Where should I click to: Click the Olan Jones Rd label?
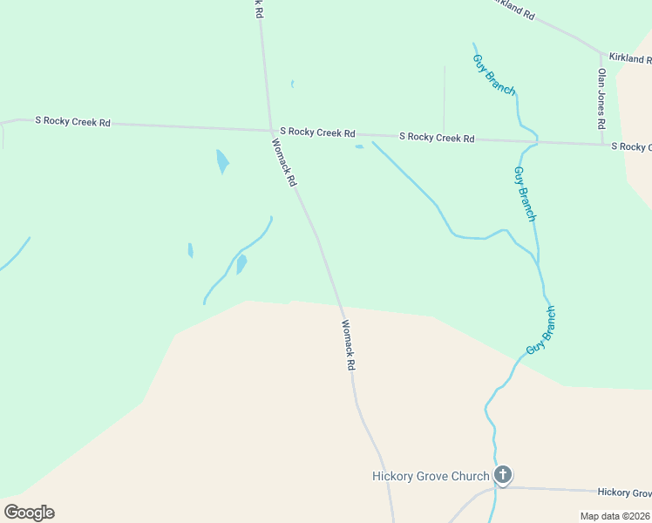coord(601,99)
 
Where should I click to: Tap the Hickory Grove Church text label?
coord(431,477)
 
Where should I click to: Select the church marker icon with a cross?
coord(503,475)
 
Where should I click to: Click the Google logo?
coord(29,513)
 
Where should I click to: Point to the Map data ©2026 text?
coord(615,516)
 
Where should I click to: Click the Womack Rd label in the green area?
coord(285,163)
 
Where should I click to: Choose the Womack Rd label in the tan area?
coord(348,345)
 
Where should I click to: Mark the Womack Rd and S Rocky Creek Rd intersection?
coord(270,131)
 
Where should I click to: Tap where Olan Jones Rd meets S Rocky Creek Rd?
coord(601,143)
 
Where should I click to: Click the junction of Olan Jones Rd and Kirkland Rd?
coord(601,53)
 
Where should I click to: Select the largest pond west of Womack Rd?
coord(222,160)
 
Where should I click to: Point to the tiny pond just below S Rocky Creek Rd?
coord(359,146)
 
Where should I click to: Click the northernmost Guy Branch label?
coord(494,75)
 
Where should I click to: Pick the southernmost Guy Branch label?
coord(541,330)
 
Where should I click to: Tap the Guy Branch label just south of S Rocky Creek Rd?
coord(525,194)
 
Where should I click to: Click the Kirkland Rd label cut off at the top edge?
coord(513,8)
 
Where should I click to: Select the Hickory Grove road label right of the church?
coord(624,492)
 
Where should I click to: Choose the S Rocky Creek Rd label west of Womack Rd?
coord(72,121)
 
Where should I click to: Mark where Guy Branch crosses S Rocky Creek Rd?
coord(537,140)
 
